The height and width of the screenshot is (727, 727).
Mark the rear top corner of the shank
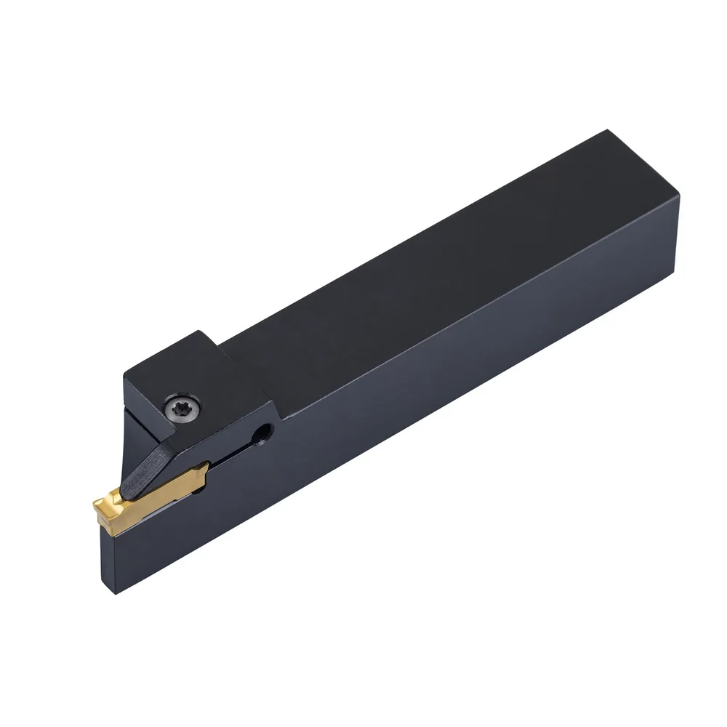point(606,132)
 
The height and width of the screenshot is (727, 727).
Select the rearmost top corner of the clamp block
point(206,332)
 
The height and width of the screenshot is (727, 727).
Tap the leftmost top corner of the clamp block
point(125,376)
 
